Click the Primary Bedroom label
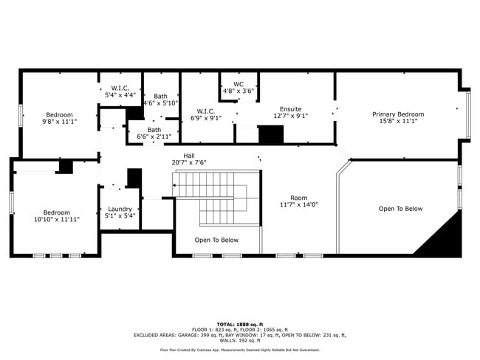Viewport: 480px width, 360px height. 397,114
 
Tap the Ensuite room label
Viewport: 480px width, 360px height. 290,108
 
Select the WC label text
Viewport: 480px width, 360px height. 239,84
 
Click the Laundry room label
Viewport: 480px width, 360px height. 119,210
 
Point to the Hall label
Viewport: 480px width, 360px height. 189,156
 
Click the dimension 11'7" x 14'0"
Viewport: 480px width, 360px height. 298,205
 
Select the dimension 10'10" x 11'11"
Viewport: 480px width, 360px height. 56,219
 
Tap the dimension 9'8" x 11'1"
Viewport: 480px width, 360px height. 59,121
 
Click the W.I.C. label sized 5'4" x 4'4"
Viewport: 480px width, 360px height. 120,88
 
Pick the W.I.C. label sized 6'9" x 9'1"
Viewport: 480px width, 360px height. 205,111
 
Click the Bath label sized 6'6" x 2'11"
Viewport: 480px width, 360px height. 154,130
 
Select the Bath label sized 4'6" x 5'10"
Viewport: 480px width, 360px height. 160,96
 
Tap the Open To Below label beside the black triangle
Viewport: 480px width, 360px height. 400,209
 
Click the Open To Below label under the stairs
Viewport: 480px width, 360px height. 216,240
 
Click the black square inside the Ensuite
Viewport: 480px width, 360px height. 270,135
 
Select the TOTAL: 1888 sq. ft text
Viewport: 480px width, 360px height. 240,325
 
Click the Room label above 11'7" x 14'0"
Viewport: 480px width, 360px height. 298,198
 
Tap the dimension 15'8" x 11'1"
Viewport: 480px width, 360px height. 397,121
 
